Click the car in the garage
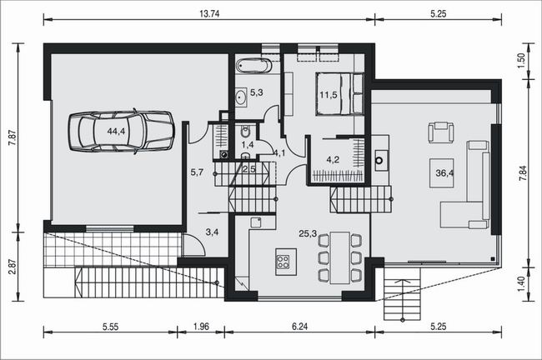(121, 131)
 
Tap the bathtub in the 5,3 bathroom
(254, 66)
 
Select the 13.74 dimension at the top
(209, 13)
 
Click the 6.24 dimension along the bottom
(299, 326)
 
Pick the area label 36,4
(444, 172)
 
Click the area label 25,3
(308, 234)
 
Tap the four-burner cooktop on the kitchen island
(284, 262)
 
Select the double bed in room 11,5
(339, 93)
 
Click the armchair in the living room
(441, 132)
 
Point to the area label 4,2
(333, 160)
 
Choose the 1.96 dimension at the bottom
(201, 326)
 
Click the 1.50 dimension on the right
(522, 60)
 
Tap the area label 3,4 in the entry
(212, 232)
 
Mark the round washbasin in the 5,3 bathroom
(241, 97)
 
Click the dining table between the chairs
(339, 257)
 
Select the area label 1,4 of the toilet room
(248, 145)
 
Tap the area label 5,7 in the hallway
(197, 172)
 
